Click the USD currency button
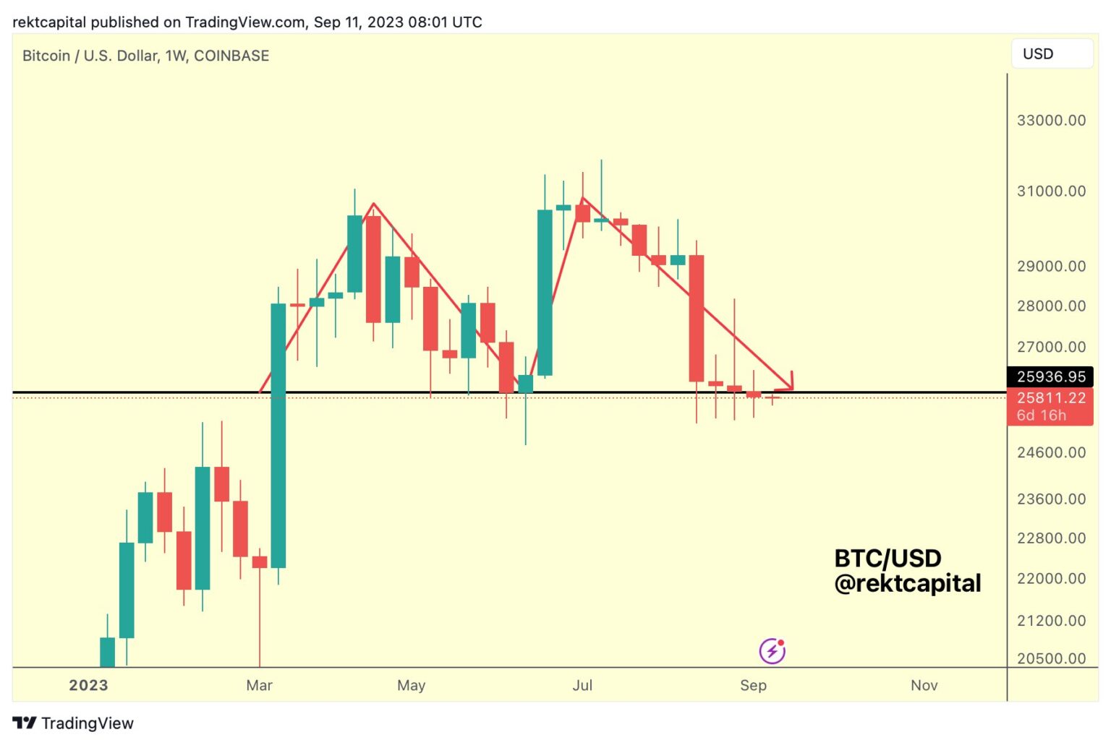(1051, 54)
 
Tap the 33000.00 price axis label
(1051, 121)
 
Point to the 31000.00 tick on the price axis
(1051, 191)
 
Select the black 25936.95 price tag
(1050, 376)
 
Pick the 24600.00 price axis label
(1051, 453)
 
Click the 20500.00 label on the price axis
(1051, 658)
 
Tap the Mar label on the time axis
(259, 685)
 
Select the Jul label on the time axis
(582, 685)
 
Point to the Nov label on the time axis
(924, 685)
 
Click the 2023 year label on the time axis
(88, 685)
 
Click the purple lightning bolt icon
(772, 651)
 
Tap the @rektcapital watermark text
(907, 583)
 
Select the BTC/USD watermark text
(887, 558)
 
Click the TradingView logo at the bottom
(73, 723)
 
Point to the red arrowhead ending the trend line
(790, 384)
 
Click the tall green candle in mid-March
(278, 435)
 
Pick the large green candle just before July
(545, 292)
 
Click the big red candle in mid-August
(697, 318)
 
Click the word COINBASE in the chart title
(231, 56)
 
